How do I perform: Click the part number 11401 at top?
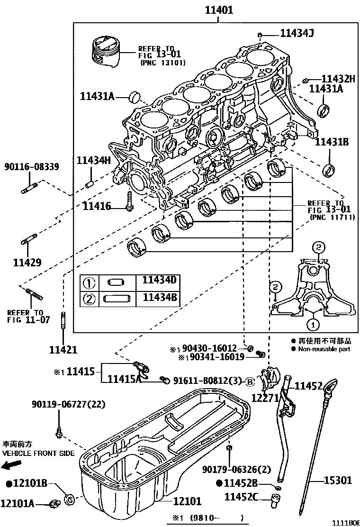219,9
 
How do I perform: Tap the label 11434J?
297,33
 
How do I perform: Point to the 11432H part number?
338,79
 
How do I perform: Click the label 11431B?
332,142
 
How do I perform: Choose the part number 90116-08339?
32,166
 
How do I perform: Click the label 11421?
63,350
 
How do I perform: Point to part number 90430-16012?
210,349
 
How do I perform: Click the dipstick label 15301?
338,480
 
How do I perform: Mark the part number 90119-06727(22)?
69,404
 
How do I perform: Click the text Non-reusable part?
324,349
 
